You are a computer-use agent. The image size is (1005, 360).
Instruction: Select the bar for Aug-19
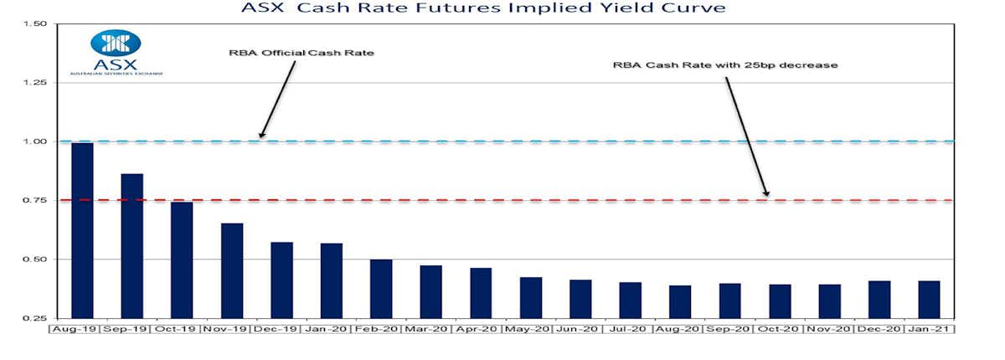(82, 230)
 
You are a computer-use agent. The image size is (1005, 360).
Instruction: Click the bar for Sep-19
(132, 246)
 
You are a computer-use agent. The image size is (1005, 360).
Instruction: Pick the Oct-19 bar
(182, 260)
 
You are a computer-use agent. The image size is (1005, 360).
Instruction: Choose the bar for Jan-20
(332, 280)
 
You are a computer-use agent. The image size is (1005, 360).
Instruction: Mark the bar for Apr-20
(481, 293)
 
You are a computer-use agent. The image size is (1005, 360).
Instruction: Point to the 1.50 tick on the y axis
(34, 24)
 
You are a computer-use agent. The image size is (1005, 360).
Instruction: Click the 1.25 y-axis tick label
(34, 83)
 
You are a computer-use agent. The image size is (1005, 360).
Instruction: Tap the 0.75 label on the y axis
(34, 201)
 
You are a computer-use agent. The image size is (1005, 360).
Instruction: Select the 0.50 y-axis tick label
(34, 260)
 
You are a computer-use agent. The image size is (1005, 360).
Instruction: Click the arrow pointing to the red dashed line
(749, 134)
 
